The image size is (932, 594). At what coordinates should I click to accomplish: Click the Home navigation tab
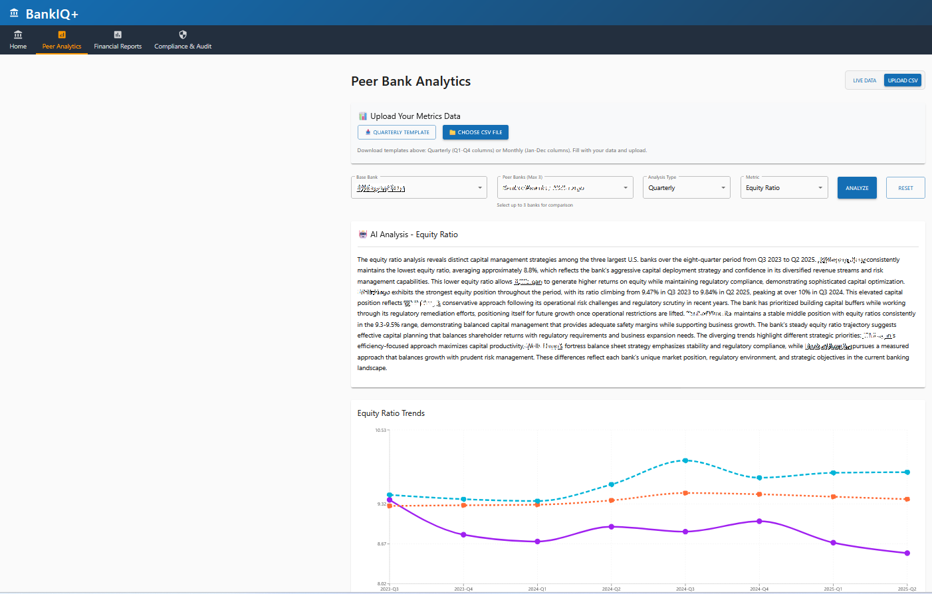point(18,40)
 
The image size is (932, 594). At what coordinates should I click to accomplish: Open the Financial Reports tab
point(118,40)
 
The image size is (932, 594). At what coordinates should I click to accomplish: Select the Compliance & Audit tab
point(183,40)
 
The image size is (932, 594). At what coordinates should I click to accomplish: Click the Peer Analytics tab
point(62,40)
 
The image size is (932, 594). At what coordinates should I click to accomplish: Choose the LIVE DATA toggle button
point(864,80)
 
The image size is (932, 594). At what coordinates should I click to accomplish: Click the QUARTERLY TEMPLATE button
point(397,132)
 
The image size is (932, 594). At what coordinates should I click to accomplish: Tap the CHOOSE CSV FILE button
point(475,132)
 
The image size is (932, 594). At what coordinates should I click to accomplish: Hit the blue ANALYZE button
point(857,188)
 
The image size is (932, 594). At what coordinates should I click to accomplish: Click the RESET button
point(905,188)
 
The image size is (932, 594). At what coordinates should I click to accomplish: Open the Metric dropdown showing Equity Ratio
point(784,188)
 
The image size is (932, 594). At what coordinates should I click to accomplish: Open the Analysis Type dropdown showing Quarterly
point(686,188)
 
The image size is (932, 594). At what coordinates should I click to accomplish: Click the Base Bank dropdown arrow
point(480,188)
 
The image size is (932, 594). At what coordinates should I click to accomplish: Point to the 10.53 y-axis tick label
point(380,431)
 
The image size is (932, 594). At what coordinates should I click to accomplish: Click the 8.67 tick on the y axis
point(382,544)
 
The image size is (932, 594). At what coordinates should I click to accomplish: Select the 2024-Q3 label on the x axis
point(685,589)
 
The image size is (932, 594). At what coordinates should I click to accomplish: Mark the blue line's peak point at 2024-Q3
point(685,460)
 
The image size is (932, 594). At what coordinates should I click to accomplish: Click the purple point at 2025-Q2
point(907,553)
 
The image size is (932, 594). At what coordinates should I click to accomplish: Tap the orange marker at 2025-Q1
point(834,497)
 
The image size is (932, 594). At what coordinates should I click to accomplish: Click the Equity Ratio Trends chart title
point(391,413)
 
